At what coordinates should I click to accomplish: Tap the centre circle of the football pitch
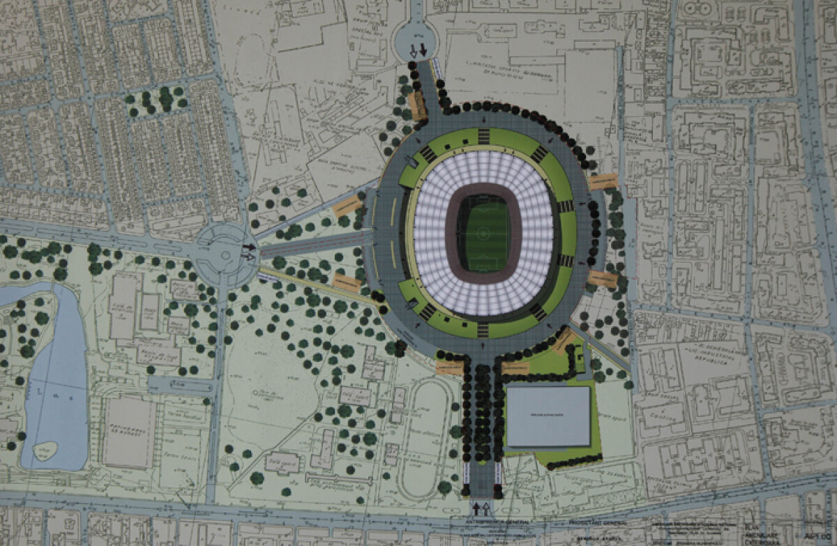pos(488,236)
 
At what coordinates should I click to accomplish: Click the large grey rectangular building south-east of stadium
pos(548,416)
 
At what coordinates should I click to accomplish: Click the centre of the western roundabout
pos(225,255)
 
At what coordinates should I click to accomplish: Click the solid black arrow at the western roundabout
pos(249,246)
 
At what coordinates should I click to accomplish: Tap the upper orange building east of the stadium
pos(603,183)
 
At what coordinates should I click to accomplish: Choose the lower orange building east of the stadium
pos(602,279)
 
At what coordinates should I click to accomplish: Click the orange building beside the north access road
pos(417,105)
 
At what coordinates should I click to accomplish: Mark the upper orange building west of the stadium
pos(347,206)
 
